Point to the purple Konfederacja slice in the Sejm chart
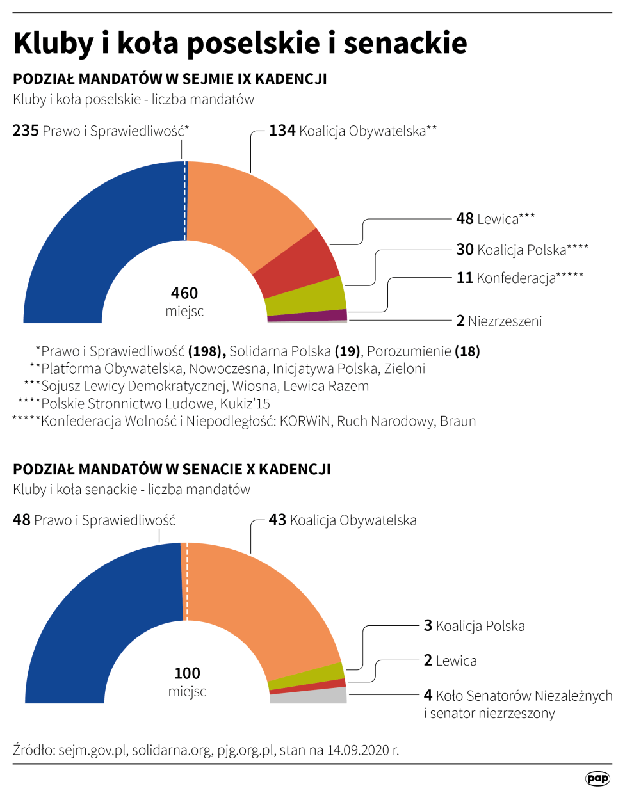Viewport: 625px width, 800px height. [307, 315]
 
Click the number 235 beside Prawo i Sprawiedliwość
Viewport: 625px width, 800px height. [26, 131]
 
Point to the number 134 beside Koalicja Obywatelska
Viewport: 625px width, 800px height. [282, 131]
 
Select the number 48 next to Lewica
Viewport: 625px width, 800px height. [464, 219]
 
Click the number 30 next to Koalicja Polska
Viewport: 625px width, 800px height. [464, 250]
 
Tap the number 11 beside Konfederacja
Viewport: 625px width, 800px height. [464, 278]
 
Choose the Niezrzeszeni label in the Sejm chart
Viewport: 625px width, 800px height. [505, 321]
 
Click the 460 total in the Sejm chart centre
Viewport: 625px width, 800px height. [184, 293]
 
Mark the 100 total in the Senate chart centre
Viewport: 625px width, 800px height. [187, 673]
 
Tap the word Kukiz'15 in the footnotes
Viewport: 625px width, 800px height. [245, 404]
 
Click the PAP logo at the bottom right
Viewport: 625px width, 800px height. [597, 778]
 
